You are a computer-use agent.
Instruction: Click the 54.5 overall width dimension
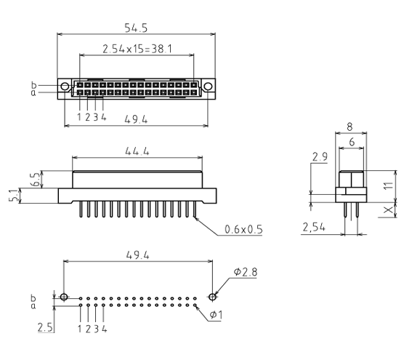click(136, 28)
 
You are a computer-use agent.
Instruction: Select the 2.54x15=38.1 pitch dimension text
click(137, 49)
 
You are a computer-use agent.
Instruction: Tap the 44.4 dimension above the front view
click(137, 151)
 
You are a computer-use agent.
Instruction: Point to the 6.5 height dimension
click(36, 179)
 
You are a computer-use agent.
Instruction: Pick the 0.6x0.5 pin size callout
click(243, 230)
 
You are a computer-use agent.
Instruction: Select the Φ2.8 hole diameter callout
click(246, 272)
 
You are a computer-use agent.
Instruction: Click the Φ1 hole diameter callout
click(216, 314)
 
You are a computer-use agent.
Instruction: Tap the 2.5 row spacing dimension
click(45, 328)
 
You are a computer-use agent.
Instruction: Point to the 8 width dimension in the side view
click(350, 127)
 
